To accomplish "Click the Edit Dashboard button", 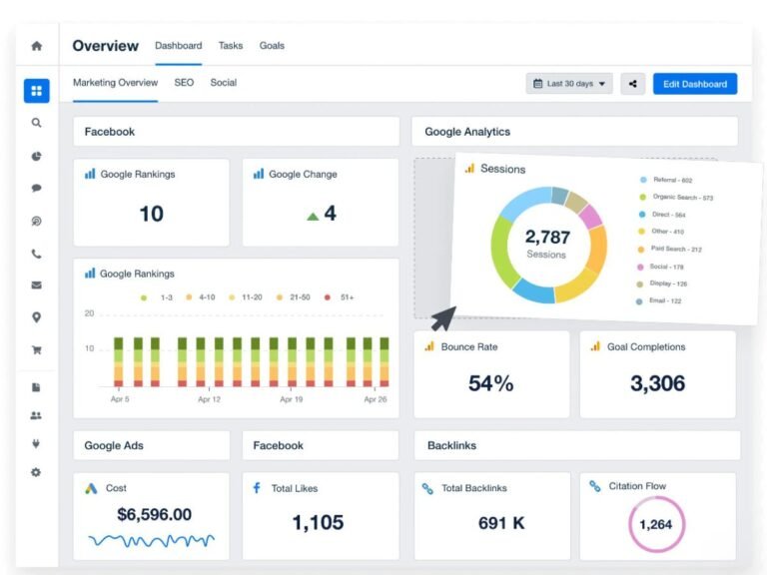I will (695, 84).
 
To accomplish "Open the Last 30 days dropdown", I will (569, 84).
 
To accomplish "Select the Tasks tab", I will (231, 46).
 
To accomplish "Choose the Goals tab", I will (272, 46).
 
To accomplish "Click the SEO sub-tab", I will (184, 83).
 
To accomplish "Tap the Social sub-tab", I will (223, 83).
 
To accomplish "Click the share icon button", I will (632, 84).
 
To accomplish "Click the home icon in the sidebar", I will (37, 46).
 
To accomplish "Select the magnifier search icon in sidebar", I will (37, 123).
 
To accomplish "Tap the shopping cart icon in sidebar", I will (37, 350).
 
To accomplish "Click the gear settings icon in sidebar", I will (37, 472).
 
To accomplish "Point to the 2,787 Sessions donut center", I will (546, 243).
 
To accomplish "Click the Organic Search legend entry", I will (682, 198).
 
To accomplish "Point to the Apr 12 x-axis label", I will (209, 399).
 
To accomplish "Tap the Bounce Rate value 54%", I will (490, 383).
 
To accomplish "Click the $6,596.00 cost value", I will (154, 515).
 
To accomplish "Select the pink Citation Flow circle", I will (657, 524).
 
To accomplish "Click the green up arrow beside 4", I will (313, 215).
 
